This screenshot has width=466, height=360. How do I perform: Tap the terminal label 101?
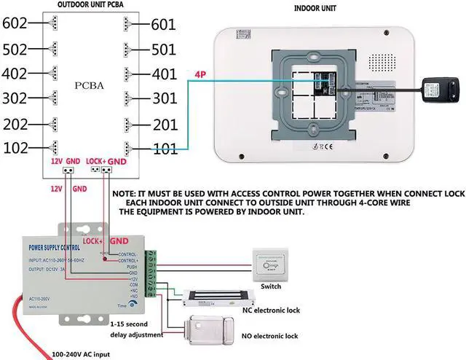click(165, 149)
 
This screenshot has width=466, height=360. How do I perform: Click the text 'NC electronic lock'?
click(272, 310)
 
